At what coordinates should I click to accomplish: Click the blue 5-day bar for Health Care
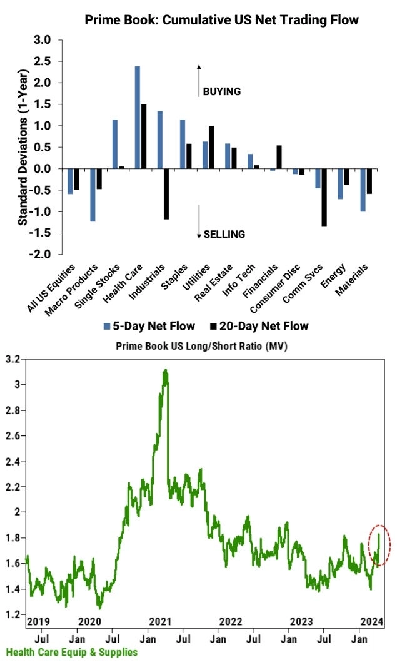(x=137, y=117)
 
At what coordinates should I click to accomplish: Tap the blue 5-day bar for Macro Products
(x=92, y=195)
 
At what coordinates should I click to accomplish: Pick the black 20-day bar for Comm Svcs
(x=324, y=197)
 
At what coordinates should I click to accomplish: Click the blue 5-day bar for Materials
(x=362, y=190)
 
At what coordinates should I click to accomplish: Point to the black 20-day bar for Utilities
(x=212, y=147)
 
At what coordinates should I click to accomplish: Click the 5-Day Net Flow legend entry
(x=149, y=326)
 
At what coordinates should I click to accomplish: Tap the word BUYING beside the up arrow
(x=222, y=91)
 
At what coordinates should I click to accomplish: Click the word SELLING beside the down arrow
(x=224, y=234)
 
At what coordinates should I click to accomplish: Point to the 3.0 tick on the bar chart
(x=48, y=40)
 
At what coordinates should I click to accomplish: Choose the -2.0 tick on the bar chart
(x=46, y=255)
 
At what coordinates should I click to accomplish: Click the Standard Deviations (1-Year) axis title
(x=23, y=147)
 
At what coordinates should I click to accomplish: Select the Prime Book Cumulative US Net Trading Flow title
(x=222, y=20)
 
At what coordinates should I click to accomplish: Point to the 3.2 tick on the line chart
(x=12, y=359)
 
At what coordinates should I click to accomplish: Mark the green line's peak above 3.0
(x=165, y=370)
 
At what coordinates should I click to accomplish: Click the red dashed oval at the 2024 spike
(x=379, y=546)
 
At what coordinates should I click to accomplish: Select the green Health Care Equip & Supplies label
(x=71, y=653)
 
